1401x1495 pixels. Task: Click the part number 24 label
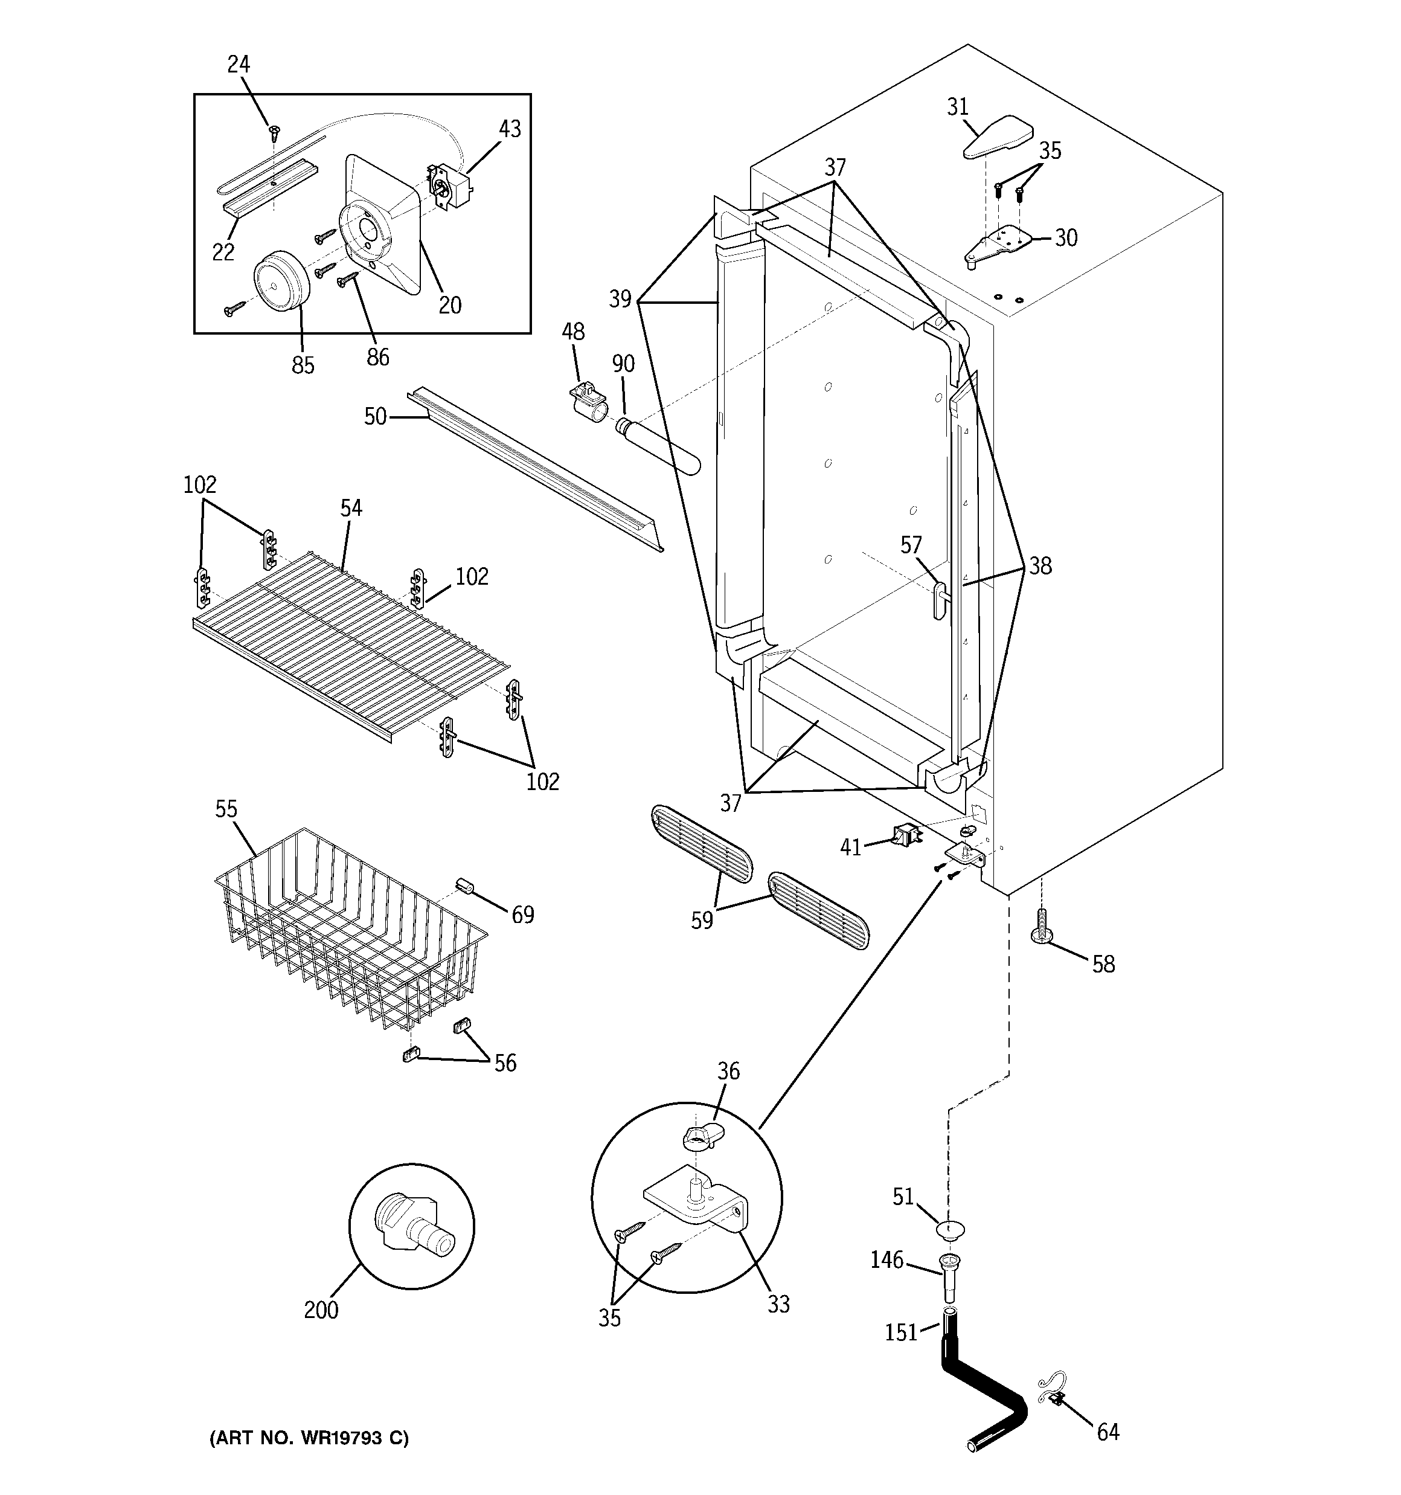tap(239, 65)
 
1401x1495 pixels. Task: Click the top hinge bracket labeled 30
tap(998, 245)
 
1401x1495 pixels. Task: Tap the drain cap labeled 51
tap(951, 1230)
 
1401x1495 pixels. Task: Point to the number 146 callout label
tap(886, 1259)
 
